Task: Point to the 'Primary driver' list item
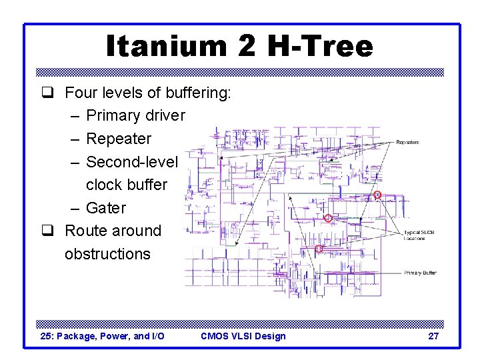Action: (135, 115)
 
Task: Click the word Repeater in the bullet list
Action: (119, 139)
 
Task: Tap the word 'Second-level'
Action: (132, 162)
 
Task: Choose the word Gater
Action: (106, 208)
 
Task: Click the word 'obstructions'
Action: (107, 254)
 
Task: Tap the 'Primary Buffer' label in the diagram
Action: (420, 273)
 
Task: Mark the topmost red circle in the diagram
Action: (377, 195)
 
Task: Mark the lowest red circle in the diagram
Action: (319, 249)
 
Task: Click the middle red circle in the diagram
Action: (328, 219)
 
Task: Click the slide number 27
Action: (433, 336)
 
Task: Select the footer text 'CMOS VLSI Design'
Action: (243, 336)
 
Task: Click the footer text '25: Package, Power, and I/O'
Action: (103, 336)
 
